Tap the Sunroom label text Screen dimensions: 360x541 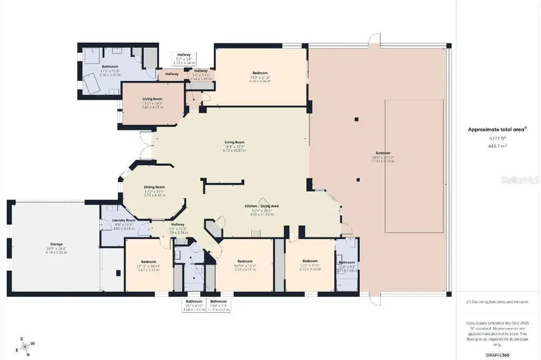383,154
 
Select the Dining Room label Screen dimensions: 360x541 154,187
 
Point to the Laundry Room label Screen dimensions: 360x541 124,220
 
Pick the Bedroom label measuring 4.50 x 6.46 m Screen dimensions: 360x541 259,73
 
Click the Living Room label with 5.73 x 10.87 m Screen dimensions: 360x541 235,142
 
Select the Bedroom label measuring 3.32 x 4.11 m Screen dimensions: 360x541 245,261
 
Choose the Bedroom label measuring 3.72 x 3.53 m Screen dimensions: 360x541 310,261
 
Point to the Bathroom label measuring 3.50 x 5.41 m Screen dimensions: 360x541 110,67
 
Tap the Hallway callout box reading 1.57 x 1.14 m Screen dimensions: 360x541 184,58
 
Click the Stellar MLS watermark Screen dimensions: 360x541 520,180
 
